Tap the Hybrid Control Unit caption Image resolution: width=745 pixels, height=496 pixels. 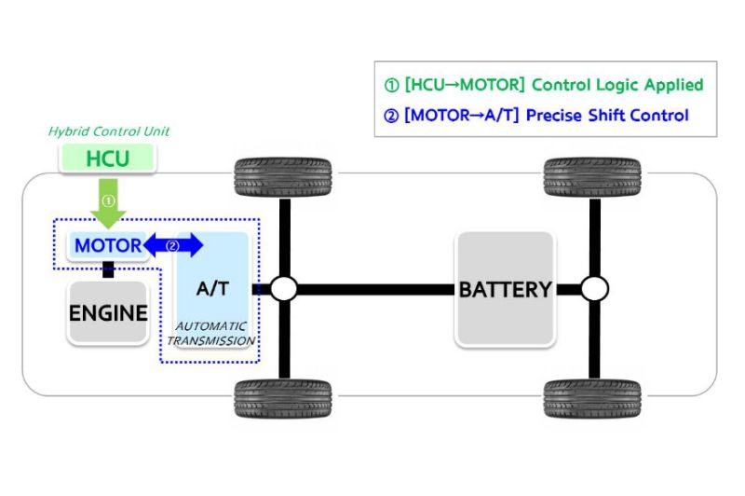pyautogui.click(x=109, y=131)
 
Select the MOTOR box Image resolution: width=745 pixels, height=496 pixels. pyautogui.click(x=108, y=246)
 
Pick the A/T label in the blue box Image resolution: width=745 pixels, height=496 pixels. pyautogui.click(x=212, y=288)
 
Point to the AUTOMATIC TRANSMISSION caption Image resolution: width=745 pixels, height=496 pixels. pyautogui.click(x=211, y=333)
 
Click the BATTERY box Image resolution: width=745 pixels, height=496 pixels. pyautogui.click(x=505, y=289)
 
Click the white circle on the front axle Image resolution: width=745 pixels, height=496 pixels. pyautogui.click(x=283, y=289)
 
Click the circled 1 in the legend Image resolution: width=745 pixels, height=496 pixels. pyautogui.click(x=392, y=86)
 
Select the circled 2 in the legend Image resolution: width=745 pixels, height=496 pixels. pyautogui.click(x=392, y=117)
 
